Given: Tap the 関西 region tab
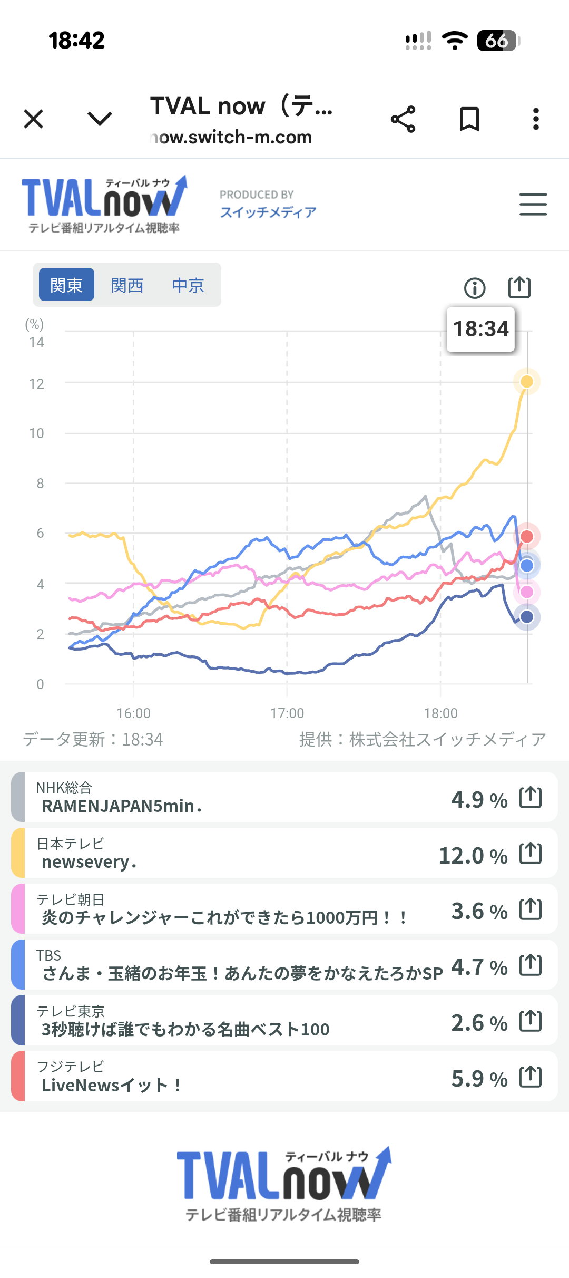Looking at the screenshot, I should (127, 285).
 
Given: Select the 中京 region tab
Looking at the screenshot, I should (188, 285).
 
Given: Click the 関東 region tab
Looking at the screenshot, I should (66, 285).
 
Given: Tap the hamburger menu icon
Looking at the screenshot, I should (533, 204).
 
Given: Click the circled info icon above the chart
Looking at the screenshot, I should (474, 288).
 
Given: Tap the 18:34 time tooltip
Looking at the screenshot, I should (480, 329).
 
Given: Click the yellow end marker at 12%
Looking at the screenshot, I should (527, 381).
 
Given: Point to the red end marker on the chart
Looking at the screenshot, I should (527, 536).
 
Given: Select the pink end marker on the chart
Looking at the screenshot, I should (527, 592).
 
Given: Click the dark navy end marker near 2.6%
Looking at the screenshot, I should (527, 617).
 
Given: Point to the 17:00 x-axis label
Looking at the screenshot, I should (287, 713).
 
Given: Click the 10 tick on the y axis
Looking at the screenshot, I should (36, 433).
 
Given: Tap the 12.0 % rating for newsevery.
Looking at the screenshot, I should (473, 856).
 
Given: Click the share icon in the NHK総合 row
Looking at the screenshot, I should (531, 797).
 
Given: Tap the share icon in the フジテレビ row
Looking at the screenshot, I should (531, 1077).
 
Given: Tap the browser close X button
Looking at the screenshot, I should (34, 119).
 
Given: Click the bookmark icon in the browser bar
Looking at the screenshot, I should (469, 119).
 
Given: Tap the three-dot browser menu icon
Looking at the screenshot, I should (536, 119).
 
